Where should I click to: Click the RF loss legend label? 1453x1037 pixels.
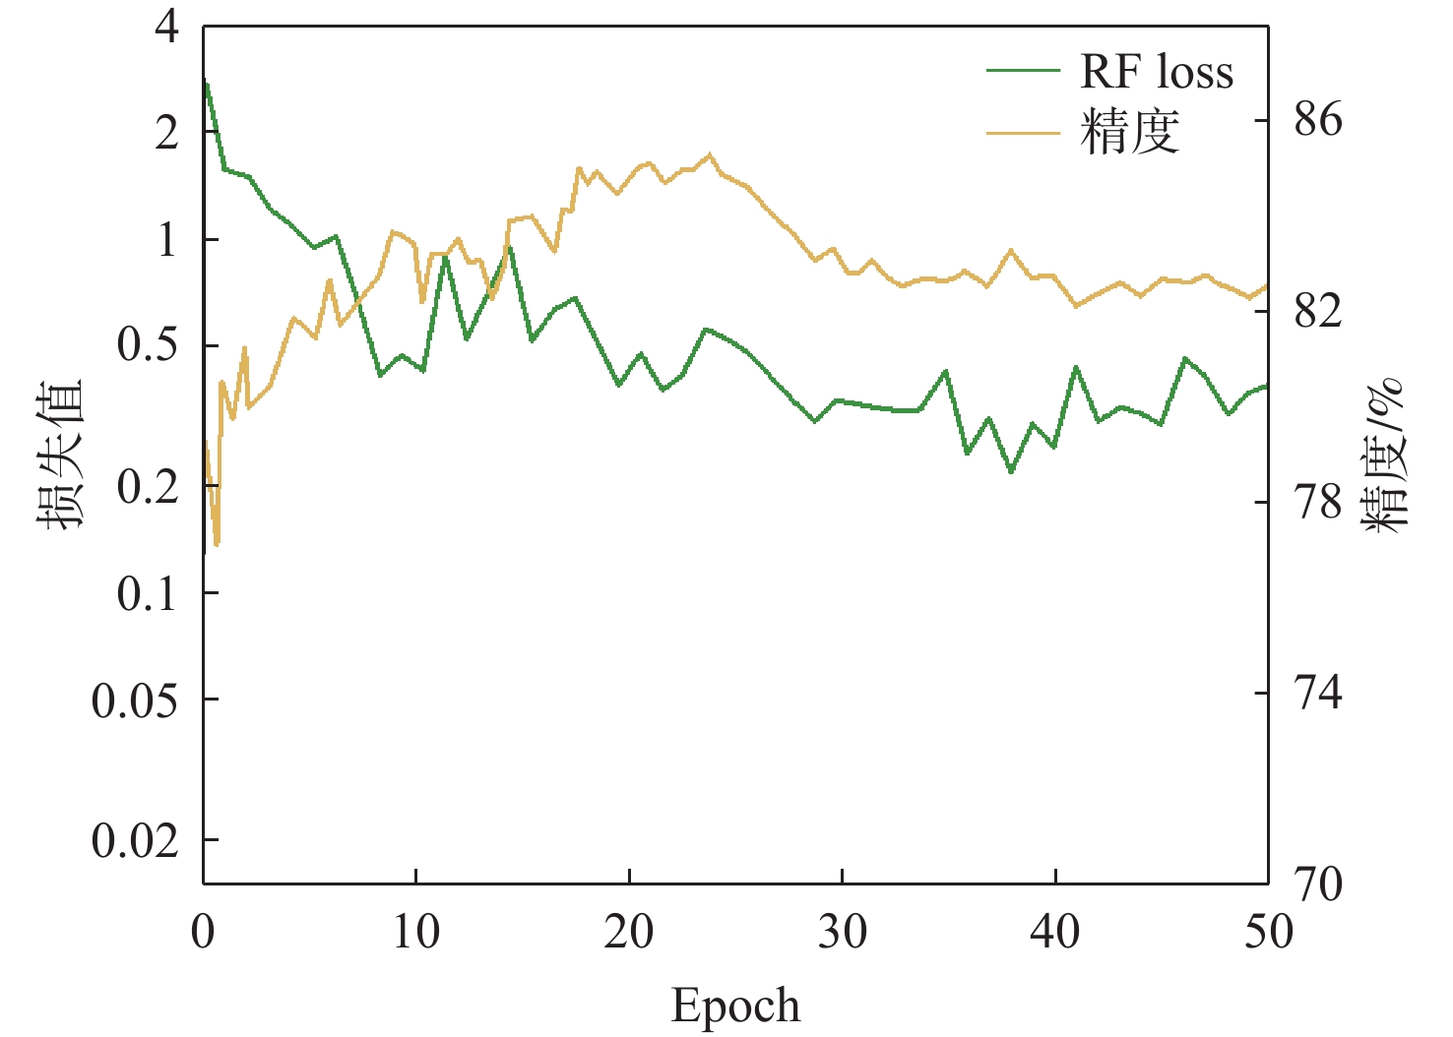(1157, 73)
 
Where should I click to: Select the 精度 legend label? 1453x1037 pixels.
(1129, 132)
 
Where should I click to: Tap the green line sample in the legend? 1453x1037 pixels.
(1023, 72)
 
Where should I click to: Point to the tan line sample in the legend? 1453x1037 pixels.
(1023, 132)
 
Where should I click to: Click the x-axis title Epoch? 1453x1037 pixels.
(735, 1006)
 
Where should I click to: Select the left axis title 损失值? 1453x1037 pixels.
(61, 454)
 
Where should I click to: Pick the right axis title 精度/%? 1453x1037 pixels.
(1385, 455)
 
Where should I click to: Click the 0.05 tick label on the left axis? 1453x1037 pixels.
(135, 701)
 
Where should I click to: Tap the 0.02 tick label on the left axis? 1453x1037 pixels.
(135, 841)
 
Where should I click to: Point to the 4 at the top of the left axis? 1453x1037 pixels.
(167, 27)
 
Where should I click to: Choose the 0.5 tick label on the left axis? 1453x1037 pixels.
(148, 346)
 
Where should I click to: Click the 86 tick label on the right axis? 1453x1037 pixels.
(1317, 120)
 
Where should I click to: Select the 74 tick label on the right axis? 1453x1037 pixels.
(1317, 694)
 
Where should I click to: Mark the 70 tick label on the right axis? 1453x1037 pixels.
(1317, 885)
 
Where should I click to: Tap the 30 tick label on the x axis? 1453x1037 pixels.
(843, 931)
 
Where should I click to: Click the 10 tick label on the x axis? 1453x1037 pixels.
(416, 931)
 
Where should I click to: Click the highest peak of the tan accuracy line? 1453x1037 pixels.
(710, 154)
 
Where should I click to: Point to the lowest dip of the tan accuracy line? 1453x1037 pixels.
(217, 543)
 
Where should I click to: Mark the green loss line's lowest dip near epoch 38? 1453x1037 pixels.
(1011, 471)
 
